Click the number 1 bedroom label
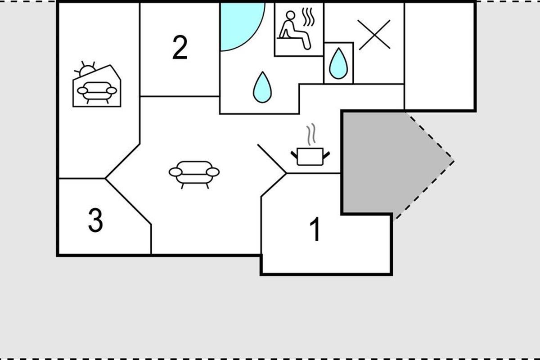(x=316, y=229)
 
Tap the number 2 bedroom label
(x=180, y=49)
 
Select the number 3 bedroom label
(x=95, y=220)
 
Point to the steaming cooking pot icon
(x=310, y=156)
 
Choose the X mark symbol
(x=374, y=35)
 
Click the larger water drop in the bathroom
(x=262, y=87)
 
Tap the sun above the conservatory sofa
(x=87, y=70)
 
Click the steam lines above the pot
(x=311, y=134)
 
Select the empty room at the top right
(x=440, y=56)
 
